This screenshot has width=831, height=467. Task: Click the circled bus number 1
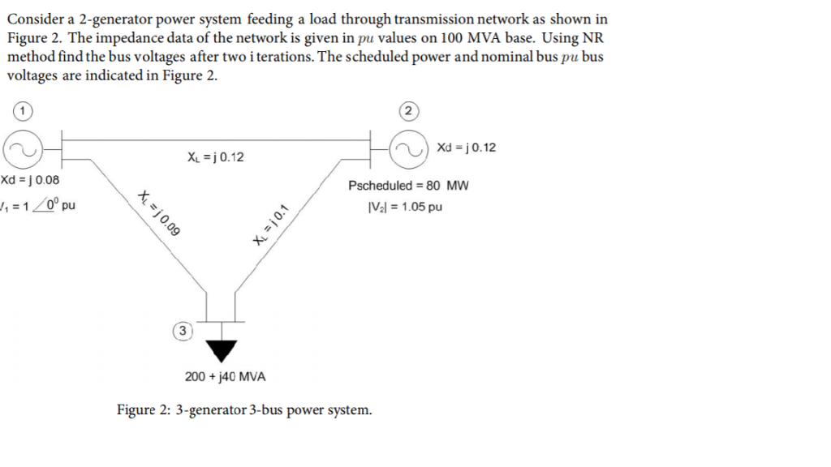(x=24, y=109)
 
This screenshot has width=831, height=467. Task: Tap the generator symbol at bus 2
(x=410, y=148)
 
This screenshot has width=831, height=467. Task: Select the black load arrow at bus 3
(x=220, y=348)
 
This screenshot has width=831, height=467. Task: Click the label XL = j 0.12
(x=214, y=157)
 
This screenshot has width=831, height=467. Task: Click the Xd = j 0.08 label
(x=30, y=180)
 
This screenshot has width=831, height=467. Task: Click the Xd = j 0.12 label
(x=466, y=148)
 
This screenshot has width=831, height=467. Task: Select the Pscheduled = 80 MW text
(x=408, y=186)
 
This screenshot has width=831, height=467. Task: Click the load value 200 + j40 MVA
(x=225, y=377)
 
